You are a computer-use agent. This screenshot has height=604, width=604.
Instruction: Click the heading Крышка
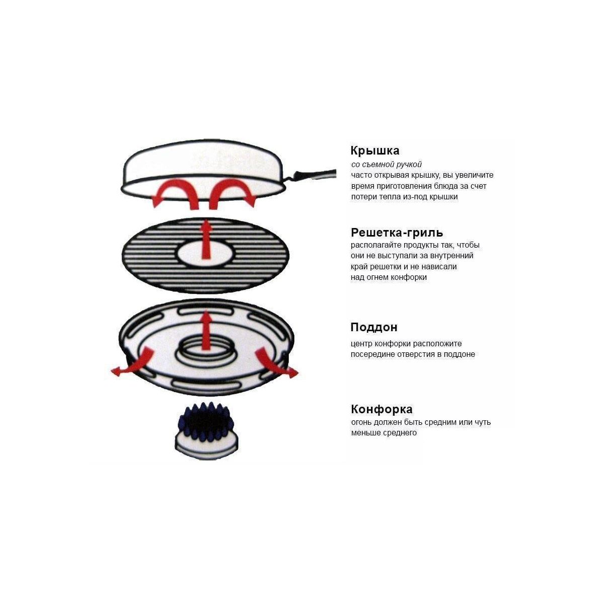pyautogui.click(x=374, y=151)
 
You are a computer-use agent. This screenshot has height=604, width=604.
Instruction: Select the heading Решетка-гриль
pyautogui.click(x=397, y=233)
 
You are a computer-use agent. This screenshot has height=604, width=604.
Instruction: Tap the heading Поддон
pyautogui.click(x=374, y=327)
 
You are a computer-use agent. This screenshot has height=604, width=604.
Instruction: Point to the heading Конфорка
pyautogui.click(x=382, y=409)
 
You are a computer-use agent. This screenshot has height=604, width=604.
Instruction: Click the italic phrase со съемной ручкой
pyautogui.click(x=386, y=164)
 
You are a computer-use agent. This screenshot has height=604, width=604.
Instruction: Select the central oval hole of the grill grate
pyautogui.click(x=206, y=253)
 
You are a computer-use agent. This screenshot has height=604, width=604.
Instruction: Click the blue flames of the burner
pyautogui.click(x=206, y=422)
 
